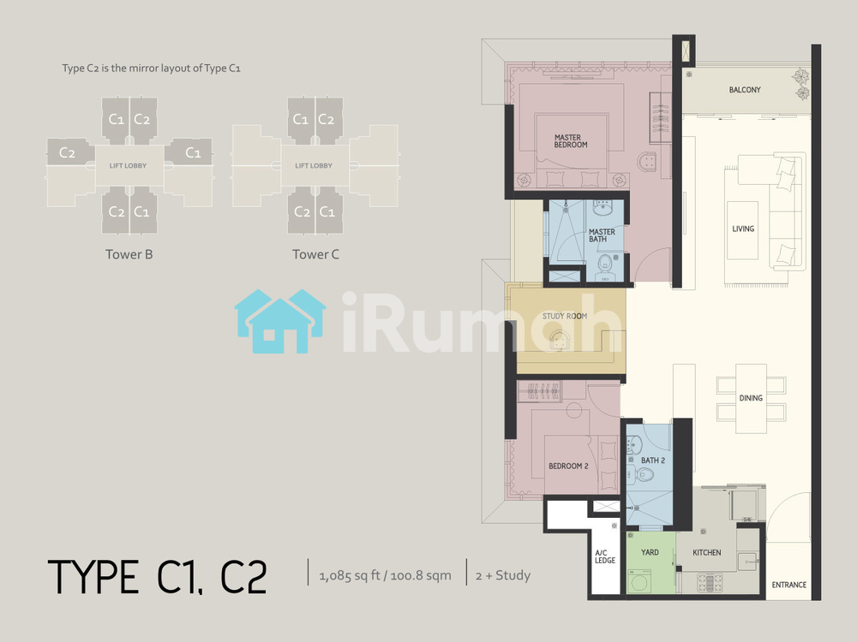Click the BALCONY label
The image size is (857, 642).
tap(745, 90)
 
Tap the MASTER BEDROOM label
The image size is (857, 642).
tap(571, 141)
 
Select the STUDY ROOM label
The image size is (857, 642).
tap(565, 316)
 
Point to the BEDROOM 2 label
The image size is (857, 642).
tap(568, 467)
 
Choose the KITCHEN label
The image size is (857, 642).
tap(707, 552)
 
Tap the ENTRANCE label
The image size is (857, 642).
tap(788, 585)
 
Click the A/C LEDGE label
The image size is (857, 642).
tap(605, 557)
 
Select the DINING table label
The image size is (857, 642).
tap(751, 398)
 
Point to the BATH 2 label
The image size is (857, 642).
tap(652, 461)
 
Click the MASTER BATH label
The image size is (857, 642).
tap(602, 235)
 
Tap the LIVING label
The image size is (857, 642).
tap(743, 229)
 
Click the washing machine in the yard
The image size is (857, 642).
tap(638, 580)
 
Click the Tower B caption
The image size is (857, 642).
tap(129, 254)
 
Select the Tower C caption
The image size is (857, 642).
tap(315, 254)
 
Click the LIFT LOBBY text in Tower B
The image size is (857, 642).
tap(128, 165)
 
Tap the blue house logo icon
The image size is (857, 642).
tap(280, 321)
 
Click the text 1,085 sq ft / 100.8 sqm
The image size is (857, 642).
tap(386, 575)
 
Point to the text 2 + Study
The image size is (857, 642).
tap(503, 575)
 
